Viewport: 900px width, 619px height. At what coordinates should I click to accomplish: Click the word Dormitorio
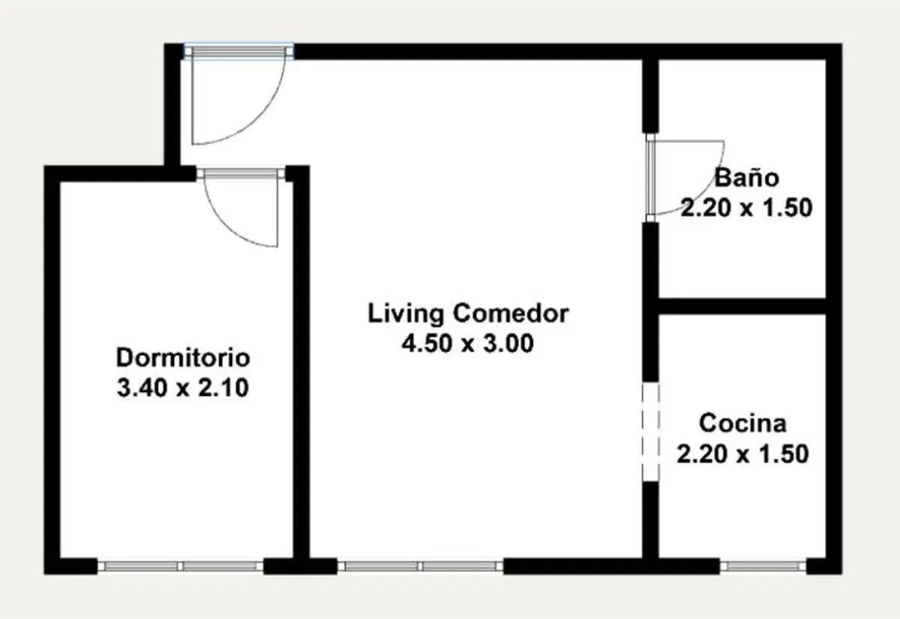point(183,357)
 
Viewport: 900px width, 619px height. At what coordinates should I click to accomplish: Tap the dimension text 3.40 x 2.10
point(183,388)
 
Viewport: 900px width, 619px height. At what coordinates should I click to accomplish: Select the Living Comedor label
point(468,314)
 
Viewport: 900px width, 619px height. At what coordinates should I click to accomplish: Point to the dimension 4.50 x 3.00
point(468,344)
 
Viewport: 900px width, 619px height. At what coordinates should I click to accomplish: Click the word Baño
point(747,178)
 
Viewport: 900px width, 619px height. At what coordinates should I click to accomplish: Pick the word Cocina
point(742,423)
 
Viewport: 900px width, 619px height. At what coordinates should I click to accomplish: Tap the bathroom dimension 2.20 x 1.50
point(746,208)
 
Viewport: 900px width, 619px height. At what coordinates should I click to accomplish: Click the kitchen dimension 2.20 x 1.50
point(742,454)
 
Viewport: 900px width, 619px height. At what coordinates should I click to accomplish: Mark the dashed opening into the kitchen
point(650,432)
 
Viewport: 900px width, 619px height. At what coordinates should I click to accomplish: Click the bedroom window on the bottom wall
point(181,567)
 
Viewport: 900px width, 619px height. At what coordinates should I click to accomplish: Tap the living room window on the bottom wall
point(420,567)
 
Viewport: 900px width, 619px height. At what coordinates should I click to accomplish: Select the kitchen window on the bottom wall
point(763,567)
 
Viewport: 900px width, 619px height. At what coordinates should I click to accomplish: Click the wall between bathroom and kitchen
point(742,307)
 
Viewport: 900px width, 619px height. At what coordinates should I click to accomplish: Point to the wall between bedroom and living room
point(301,365)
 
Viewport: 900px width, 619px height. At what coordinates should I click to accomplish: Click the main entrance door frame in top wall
point(238,52)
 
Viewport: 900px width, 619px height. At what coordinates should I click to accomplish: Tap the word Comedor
point(511,314)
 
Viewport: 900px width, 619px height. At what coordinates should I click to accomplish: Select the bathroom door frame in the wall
point(650,178)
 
